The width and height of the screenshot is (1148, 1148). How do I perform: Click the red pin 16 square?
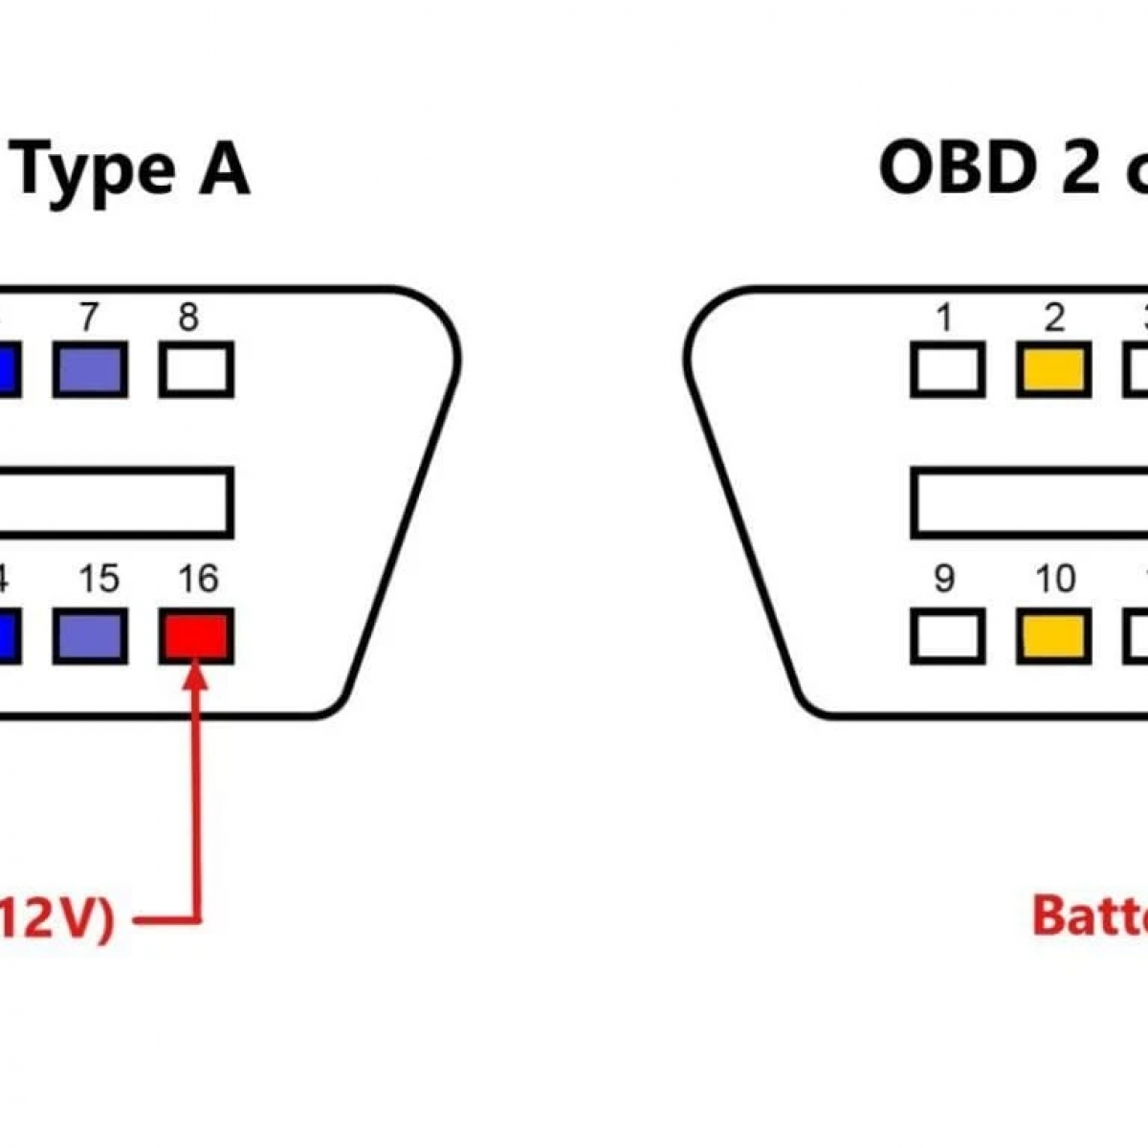196,637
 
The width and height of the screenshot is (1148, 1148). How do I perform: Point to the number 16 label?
198,579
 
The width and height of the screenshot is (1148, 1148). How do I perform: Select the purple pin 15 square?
90,637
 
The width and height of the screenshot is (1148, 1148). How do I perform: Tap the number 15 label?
99,579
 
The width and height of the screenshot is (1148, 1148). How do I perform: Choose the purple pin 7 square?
90,370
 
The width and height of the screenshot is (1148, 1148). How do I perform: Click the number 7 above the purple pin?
89,317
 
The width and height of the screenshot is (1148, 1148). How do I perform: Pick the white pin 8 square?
196,370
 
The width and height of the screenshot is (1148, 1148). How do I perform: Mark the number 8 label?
188,317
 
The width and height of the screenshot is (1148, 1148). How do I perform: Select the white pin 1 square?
947,370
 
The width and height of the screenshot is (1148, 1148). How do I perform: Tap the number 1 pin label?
945,317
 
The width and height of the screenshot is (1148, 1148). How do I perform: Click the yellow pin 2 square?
1053,370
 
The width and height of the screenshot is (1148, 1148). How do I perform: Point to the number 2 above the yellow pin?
1053,317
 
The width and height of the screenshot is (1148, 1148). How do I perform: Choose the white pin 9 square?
947,637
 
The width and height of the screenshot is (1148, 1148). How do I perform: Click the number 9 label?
944,579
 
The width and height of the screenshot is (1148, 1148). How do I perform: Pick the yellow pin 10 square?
1053,637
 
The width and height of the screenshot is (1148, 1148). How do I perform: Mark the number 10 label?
1055,579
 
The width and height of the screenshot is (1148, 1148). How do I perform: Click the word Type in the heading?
96,172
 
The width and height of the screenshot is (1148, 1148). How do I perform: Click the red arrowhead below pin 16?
196,675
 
